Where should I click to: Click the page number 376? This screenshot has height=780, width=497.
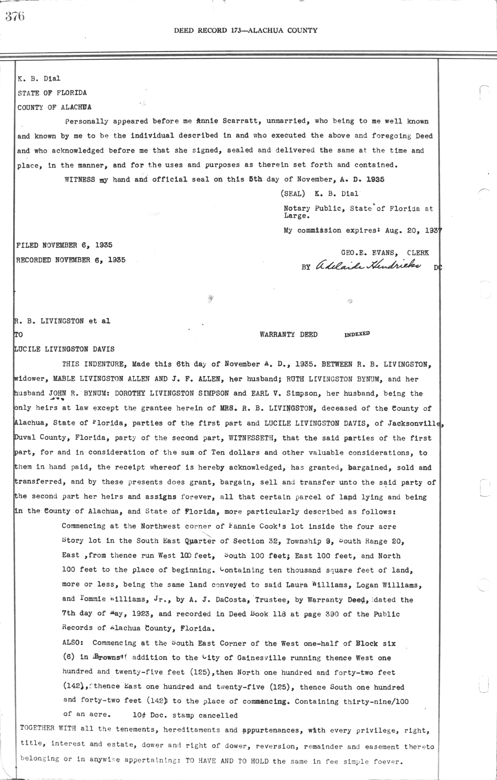tap(15, 16)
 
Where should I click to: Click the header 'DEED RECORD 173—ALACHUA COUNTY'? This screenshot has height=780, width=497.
tap(246, 30)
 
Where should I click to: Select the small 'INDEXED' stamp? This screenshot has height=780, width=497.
tap(357, 334)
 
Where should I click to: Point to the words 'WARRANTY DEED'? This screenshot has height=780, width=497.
tap(288, 335)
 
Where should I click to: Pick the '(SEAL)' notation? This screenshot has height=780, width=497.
tap(293, 193)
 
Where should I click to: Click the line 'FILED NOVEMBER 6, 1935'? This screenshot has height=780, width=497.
tap(64, 245)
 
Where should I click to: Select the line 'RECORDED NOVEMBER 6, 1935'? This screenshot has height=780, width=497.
tap(71, 260)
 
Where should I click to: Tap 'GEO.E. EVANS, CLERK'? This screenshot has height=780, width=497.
tap(385, 253)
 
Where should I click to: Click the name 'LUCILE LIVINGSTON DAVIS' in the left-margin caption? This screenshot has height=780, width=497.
tap(65, 349)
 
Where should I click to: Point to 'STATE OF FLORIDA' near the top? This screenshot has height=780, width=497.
tap(52, 93)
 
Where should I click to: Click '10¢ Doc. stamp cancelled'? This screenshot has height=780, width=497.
tap(185, 715)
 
